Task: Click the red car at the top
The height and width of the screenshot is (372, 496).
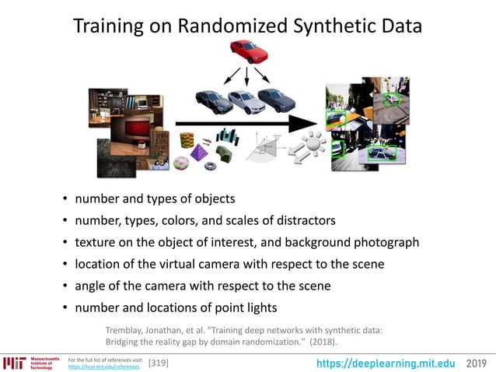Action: pyautogui.click(x=249, y=51)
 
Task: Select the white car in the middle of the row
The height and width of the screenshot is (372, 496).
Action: pyautogui.click(x=246, y=102)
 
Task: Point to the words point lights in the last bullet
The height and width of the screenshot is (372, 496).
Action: pyautogui.click(x=246, y=307)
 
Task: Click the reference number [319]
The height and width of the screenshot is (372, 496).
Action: pyautogui.click(x=158, y=363)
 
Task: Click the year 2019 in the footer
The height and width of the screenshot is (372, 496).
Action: pyautogui.click(x=478, y=363)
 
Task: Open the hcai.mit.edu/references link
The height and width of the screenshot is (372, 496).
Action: pyautogui.click(x=105, y=366)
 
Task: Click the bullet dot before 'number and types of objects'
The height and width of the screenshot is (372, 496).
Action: pyautogui.click(x=65, y=199)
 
